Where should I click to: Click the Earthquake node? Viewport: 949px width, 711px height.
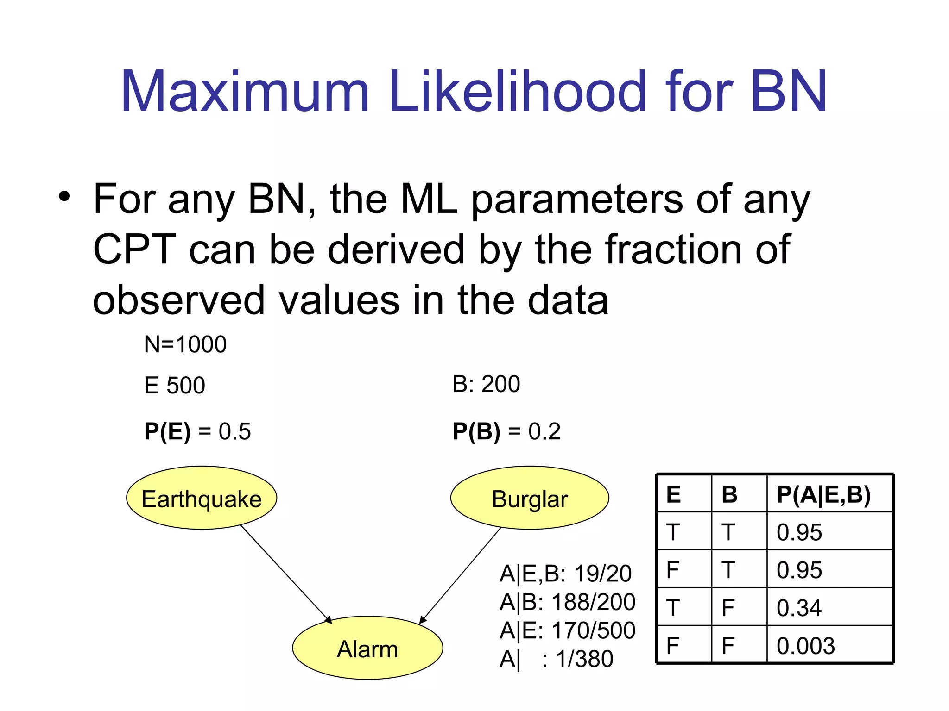(202, 498)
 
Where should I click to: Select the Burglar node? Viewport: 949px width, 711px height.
(529, 498)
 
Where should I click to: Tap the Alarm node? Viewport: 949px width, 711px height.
(367, 648)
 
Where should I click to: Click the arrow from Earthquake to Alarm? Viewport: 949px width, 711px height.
(285, 574)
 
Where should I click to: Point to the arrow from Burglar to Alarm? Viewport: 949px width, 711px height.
(461, 575)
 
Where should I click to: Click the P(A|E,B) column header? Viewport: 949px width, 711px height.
(823, 494)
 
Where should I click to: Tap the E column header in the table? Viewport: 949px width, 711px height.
(673, 494)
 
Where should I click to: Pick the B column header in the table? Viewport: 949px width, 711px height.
(729, 494)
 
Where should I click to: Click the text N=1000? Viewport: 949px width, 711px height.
(185, 344)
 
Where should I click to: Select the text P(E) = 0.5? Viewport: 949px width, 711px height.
(197, 431)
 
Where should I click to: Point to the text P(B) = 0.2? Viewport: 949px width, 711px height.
(506, 431)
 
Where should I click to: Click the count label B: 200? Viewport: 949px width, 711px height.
(486, 384)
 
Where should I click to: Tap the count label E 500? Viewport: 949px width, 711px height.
(175, 385)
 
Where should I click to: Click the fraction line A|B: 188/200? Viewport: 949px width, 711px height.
(567, 602)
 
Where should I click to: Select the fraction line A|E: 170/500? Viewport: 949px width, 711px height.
(567, 630)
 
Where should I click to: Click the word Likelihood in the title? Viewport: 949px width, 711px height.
(517, 91)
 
